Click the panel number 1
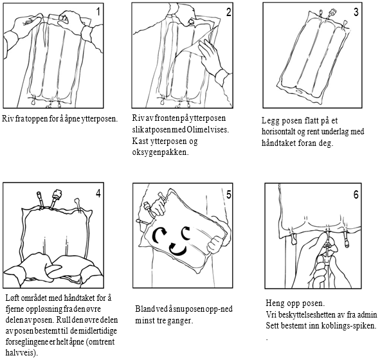[x=98, y=12]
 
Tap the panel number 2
[x=228, y=12]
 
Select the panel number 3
[x=356, y=12]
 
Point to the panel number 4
[x=98, y=193]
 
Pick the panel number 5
[x=228, y=195]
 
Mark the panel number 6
[x=356, y=195]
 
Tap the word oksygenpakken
[x=160, y=152]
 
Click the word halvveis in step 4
[x=22, y=353]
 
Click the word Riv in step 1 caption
[x=8, y=119]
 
